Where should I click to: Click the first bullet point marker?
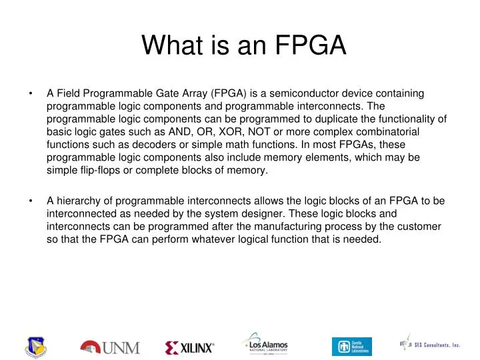point(31,95)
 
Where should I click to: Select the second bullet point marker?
point(31,200)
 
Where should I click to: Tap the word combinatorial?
point(401,133)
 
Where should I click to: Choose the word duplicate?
point(332,120)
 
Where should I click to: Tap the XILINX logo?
point(189,347)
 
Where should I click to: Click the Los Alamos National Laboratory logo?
point(265,344)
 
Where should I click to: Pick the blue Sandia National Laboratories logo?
point(351,346)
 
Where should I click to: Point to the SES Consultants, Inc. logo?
point(430,345)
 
